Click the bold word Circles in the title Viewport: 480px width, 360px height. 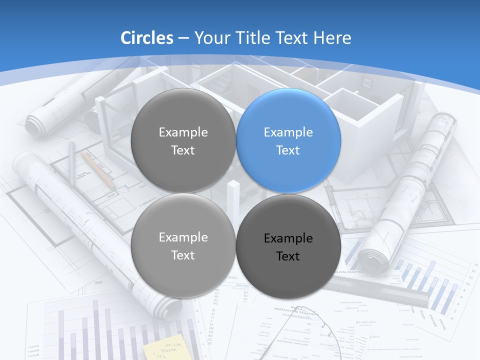tap(147, 38)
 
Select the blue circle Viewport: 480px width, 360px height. tap(288, 140)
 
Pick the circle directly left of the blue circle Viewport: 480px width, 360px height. tap(183, 140)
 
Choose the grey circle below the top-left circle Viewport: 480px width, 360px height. tap(183, 246)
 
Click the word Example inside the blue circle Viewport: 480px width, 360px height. tap(288, 132)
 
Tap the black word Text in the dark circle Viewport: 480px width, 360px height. tap(288, 256)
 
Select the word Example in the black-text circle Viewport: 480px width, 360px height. tap(288, 238)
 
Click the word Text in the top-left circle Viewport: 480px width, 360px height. tap(183, 150)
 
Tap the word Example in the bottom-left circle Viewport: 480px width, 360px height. tap(183, 237)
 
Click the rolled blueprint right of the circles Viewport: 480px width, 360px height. tap(407, 190)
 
